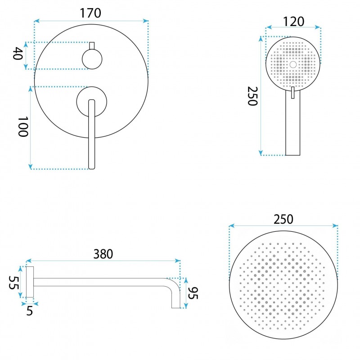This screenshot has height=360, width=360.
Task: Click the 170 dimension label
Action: [x=90, y=13]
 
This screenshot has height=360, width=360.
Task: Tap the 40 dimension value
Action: [x=18, y=54]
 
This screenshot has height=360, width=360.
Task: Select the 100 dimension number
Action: [x=23, y=127]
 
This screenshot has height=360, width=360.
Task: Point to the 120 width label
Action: [x=294, y=22]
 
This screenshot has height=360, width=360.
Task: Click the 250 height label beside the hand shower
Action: [x=252, y=96]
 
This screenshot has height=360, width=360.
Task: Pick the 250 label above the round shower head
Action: [x=283, y=219]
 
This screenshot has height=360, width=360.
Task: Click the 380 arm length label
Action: [x=103, y=254]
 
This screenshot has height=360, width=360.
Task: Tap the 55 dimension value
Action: [x=13, y=283]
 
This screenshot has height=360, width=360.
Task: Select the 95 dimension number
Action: [x=193, y=293]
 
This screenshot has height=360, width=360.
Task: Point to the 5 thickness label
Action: [x=30, y=311]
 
